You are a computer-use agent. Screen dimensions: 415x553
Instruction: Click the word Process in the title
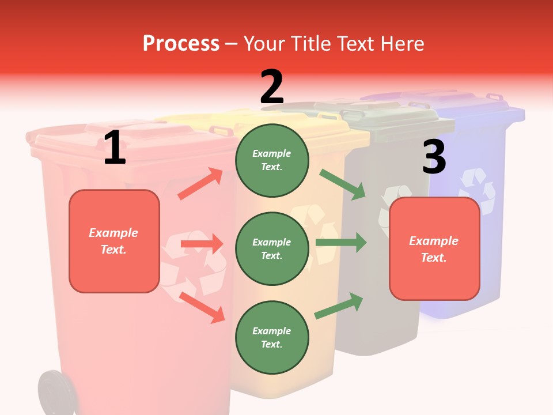coord(181,44)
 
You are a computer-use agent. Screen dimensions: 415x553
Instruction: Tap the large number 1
coord(115,149)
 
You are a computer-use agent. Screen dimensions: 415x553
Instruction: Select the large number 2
coord(272,87)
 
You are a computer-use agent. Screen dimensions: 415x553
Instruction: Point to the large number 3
coord(434,157)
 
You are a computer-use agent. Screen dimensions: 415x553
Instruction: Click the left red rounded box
coord(114,241)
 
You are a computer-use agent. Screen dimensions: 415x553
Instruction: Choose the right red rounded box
coord(434,249)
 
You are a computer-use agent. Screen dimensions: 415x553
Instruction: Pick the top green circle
coord(272,160)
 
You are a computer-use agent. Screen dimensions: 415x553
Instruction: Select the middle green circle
coord(272,248)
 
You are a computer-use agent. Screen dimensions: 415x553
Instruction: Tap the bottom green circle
coord(272,337)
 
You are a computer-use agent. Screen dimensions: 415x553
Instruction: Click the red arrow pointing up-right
coord(200,184)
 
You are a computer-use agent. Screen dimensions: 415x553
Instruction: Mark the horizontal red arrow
coord(202,244)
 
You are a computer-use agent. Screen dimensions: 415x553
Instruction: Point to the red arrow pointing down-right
coord(202,307)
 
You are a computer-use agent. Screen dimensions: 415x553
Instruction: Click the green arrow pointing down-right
coord(343,185)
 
